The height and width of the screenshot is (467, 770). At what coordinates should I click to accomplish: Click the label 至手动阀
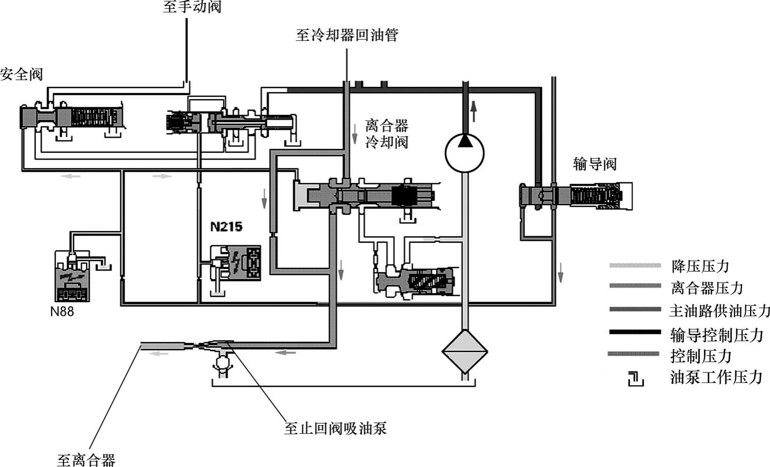click(x=192, y=7)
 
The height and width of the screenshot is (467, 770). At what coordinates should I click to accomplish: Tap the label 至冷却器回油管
click(x=347, y=35)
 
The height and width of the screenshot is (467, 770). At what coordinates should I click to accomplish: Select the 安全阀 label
click(x=21, y=75)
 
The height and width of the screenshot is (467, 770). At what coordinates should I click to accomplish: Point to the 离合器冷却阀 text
click(x=386, y=134)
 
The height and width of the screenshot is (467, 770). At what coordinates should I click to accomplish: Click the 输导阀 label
click(x=595, y=164)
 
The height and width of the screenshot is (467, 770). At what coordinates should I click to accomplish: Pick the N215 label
click(x=226, y=227)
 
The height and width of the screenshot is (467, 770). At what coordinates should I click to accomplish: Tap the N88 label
click(x=62, y=312)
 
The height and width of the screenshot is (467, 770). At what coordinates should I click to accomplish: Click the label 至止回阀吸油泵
click(x=335, y=429)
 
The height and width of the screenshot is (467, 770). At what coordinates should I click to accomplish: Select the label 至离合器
click(x=86, y=460)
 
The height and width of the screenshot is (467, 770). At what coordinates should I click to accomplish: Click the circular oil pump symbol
click(x=464, y=153)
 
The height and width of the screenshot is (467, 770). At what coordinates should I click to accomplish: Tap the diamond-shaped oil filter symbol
click(x=465, y=352)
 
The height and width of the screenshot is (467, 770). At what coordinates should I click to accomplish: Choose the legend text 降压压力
click(x=700, y=266)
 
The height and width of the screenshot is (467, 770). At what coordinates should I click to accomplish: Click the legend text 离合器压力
click(x=707, y=288)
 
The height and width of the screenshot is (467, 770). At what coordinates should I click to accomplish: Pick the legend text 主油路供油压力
click(x=719, y=311)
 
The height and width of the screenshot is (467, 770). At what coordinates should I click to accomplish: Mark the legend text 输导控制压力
click(x=716, y=335)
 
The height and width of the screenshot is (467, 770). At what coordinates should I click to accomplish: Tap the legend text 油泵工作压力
click(x=716, y=377)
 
